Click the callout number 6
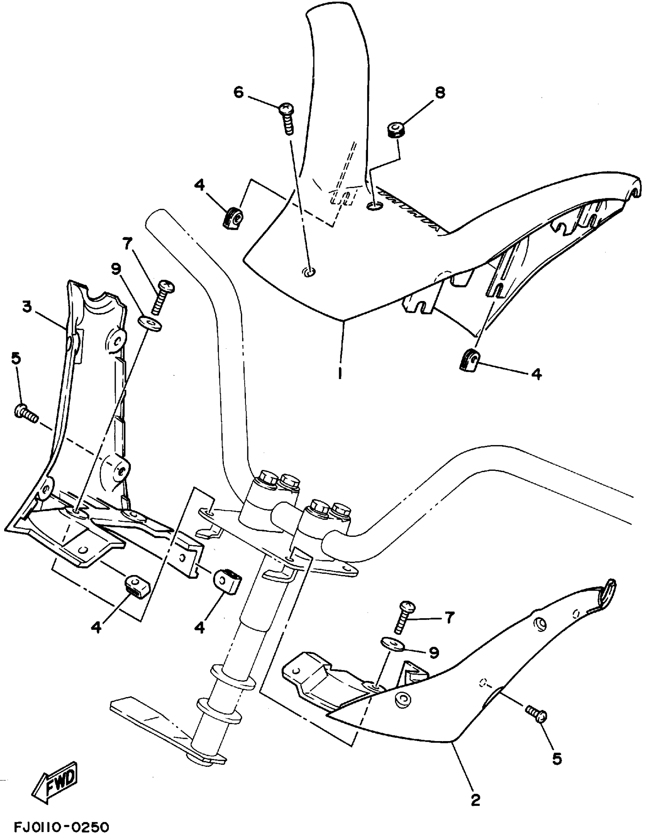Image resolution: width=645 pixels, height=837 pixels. click(239, 92)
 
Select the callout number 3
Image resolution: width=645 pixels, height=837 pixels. click(26, 307)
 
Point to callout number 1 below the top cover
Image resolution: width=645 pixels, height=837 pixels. click(340, 373)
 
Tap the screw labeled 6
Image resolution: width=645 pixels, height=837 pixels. click(288, 118)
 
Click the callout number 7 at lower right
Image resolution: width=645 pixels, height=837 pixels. click(450, 617)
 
